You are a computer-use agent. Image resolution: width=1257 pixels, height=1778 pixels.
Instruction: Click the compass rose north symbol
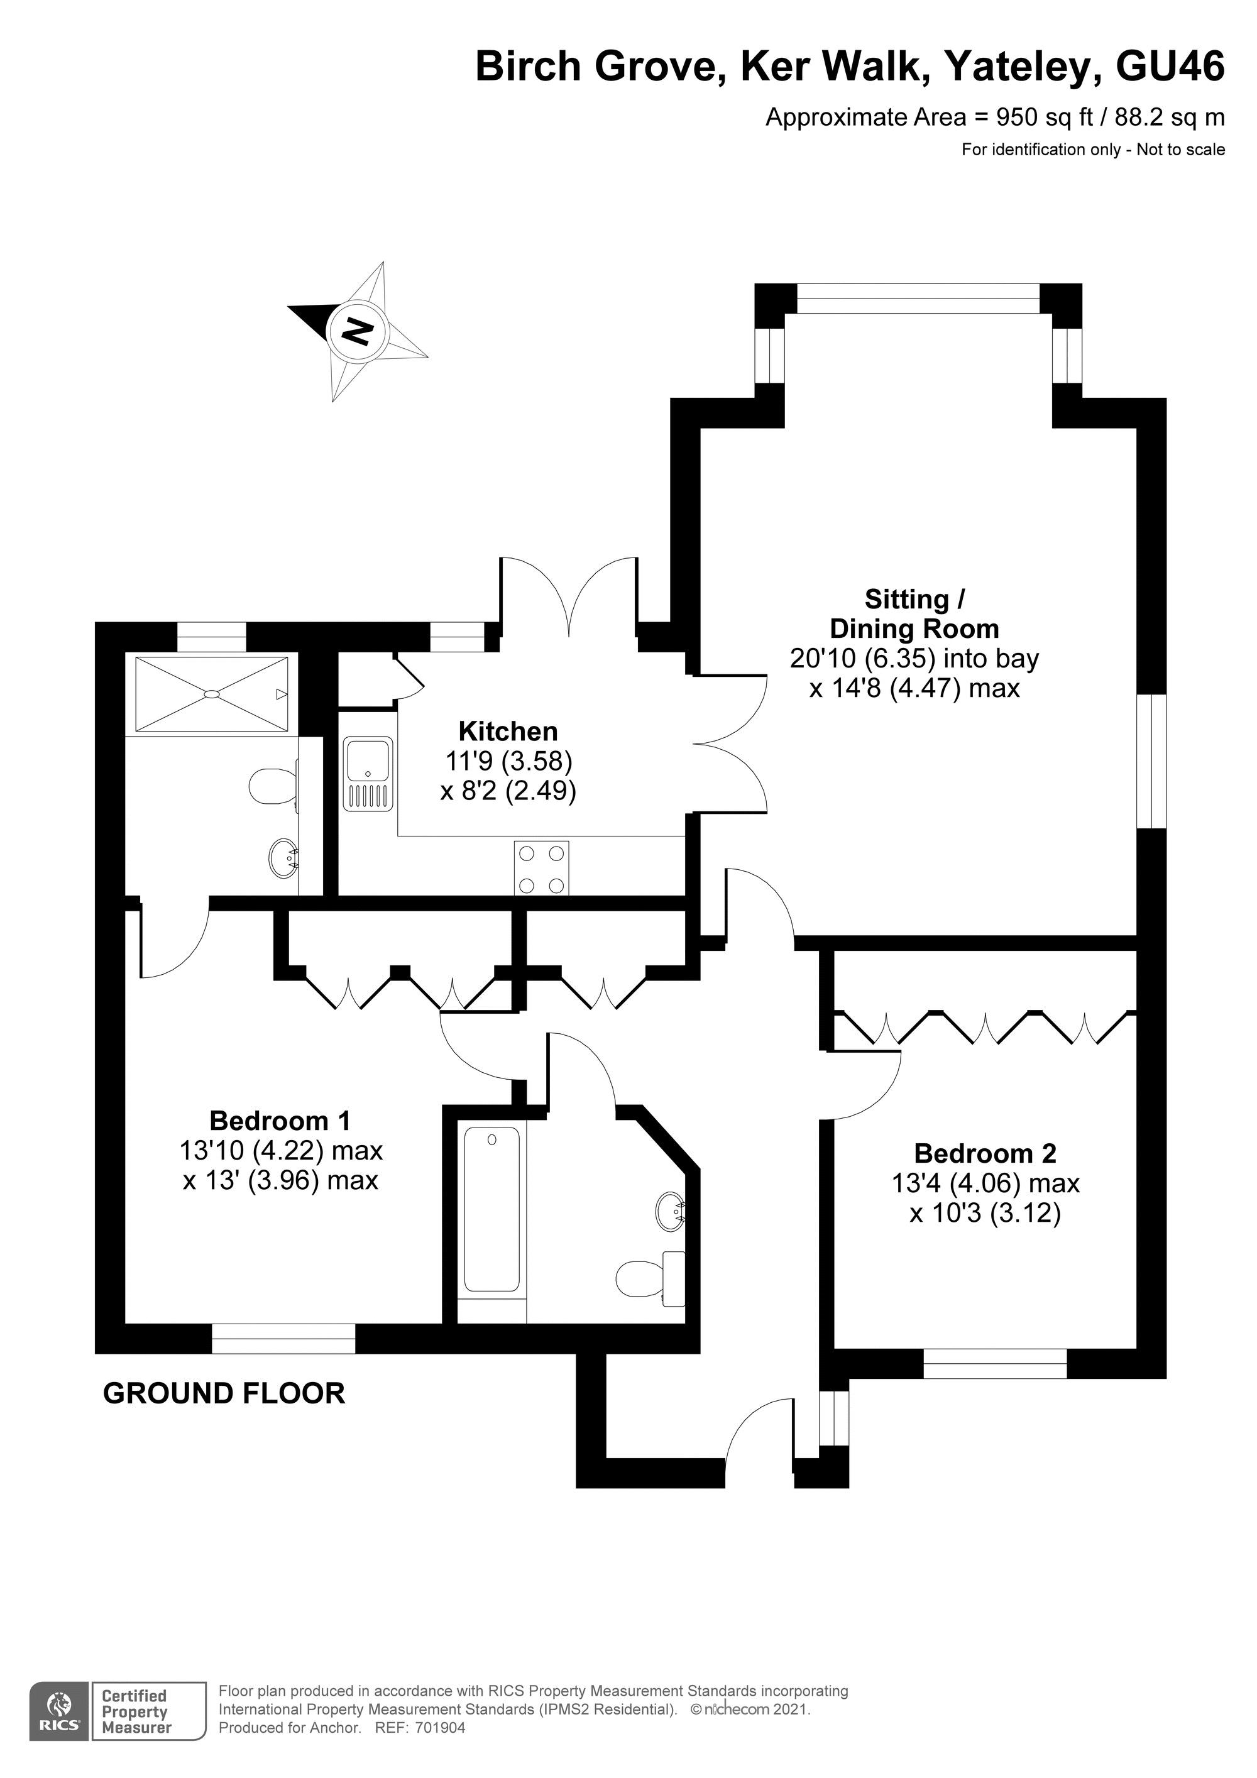pyautogui.click(x=357, y=331)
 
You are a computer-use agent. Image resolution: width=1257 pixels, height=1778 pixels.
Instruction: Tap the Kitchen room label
pyautogui.click(x=508, y=731)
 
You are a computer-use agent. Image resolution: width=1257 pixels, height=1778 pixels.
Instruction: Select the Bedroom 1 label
pyautogui.click(x=280, y=1120)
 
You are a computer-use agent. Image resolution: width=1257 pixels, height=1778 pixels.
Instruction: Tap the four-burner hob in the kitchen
pyautogui.click(x=541, y=868)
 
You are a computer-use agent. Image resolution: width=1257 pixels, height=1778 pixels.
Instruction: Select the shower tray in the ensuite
pyautogui.click(x=211, y=693)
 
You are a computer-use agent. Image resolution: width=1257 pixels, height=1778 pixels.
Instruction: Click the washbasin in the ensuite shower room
pyautogui.click(x=283, y=857)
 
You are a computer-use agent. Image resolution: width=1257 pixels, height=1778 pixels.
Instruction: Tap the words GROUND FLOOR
pyautogui.click(x=224, y=1394)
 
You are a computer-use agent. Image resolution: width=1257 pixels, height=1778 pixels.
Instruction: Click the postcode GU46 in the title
pyautogui.click(x=1170, y=67)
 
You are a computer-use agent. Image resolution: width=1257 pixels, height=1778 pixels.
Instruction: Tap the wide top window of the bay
pyautogui.click(x=918, y=299)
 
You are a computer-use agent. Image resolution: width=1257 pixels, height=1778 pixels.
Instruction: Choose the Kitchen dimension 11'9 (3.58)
pyautogui.click(x=508, y=762)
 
